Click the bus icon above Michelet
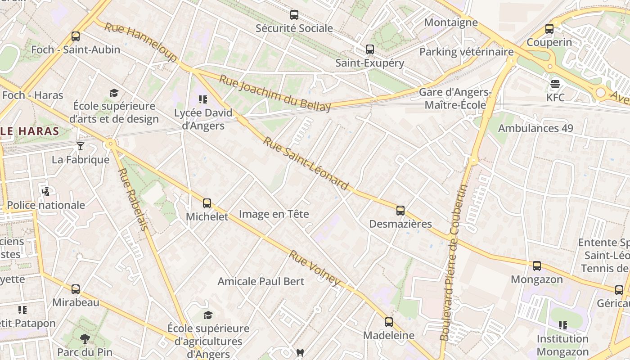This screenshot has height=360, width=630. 207,203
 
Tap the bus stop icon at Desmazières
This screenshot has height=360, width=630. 400,211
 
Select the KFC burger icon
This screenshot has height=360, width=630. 555,84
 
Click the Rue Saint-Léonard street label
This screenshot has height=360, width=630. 306,164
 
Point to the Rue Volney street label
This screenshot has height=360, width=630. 315,268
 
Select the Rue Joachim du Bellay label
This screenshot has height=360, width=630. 275,93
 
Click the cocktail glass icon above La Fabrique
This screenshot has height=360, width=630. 81,146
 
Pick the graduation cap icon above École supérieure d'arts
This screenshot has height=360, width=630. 114,93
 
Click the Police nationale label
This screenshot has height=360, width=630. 46,205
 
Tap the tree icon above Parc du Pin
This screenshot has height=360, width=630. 85,338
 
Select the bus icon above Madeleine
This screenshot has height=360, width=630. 389,322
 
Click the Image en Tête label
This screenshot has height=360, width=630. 274,214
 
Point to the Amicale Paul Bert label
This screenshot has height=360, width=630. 261,281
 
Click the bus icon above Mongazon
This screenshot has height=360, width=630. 537,266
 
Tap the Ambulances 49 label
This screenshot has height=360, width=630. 535,128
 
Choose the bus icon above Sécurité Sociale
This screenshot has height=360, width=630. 294,15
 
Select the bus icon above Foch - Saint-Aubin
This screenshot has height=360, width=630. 76,36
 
